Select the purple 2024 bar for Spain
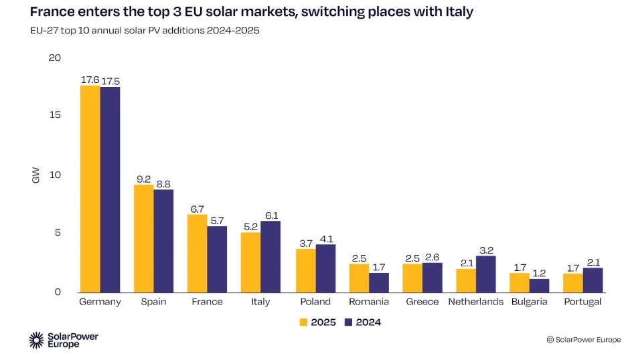click(163, 241)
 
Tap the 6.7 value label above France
click(197, 208)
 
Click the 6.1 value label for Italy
click(271, 215)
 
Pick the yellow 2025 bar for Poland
click(306, 270)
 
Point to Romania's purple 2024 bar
click(379, 282)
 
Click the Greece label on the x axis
click(422, 302)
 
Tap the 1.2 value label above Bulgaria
click(540, 272)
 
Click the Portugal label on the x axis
click(582, 302)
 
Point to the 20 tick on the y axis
click(54, 58)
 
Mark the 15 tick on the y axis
click(55, 115)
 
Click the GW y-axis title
click(36, 176)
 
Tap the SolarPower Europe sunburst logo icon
click(36, 340)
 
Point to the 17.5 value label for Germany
click(110, 81)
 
